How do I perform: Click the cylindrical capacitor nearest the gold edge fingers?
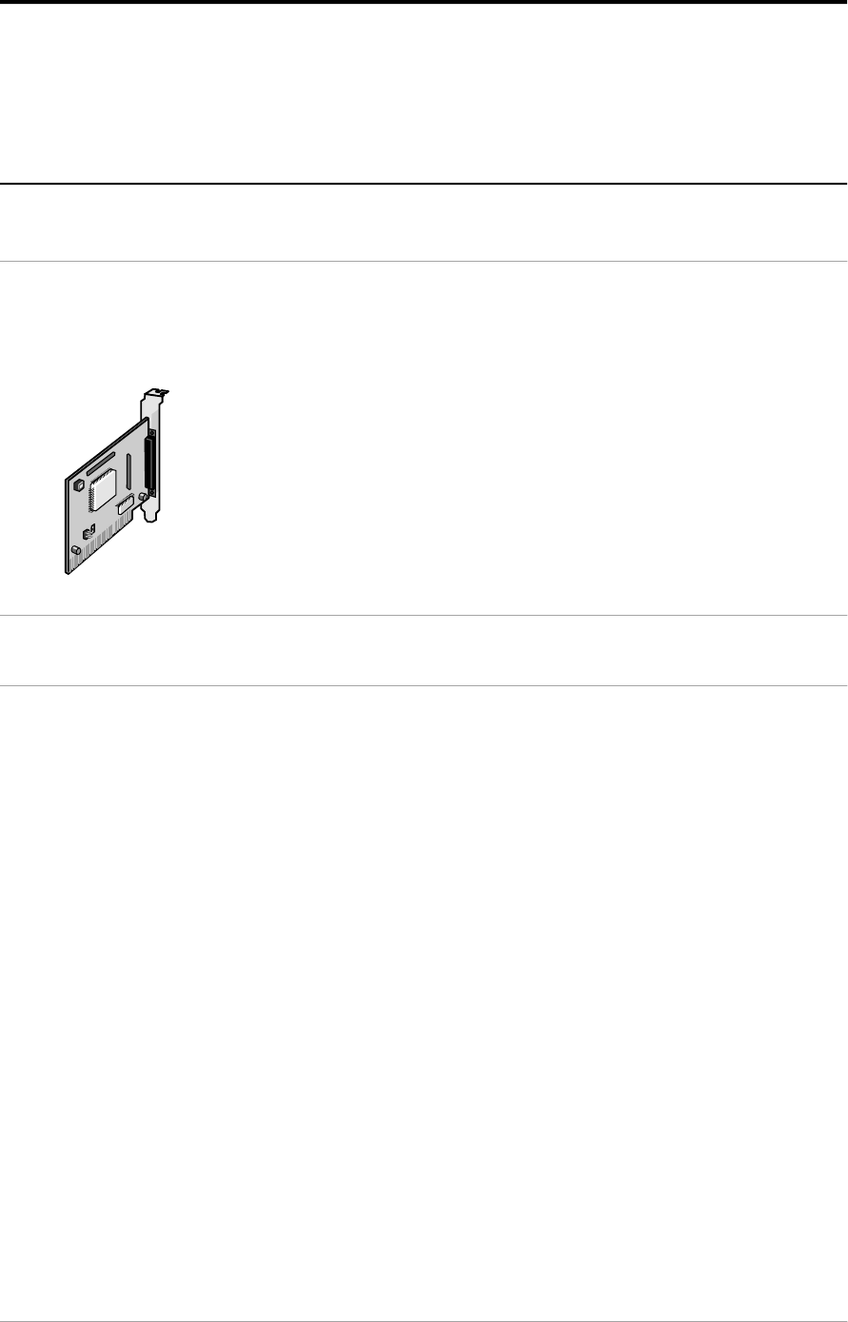[x=74, y=551]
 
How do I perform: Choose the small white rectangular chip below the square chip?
[x=125, y=511]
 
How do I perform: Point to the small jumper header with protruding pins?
[x=88, y=534]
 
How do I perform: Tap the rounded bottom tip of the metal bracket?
[x=151, y=519]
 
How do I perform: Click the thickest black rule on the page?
[x=424, y=3]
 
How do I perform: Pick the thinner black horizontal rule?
[x=424, y=183]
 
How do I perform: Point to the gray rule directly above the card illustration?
[x=424, y=262]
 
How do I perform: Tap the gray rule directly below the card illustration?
[x=424, y=615]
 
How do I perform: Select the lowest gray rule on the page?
[x=424, y=1320]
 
